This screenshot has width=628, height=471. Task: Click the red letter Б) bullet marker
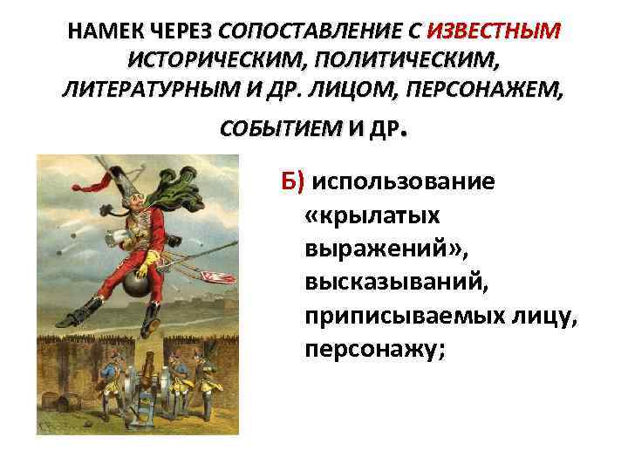(292, 181)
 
